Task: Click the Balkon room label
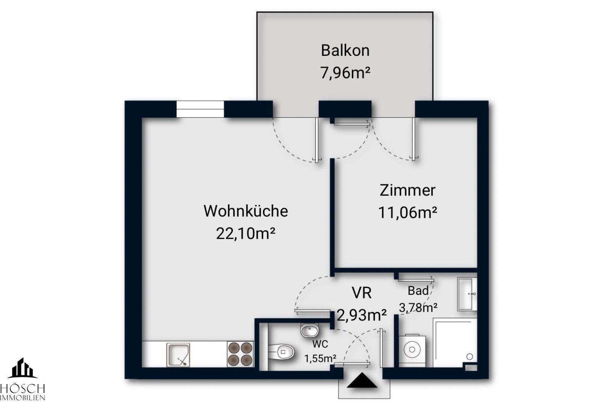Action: click(345, 51)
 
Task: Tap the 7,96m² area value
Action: click(345, 72)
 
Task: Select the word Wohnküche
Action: click(246, 211)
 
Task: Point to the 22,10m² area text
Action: click(246, 234)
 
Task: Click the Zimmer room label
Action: click(407, 190)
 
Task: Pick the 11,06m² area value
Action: click(407, 213)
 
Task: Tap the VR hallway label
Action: click(361, 292)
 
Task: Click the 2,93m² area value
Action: click(362, 315)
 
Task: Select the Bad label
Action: click(418, 290)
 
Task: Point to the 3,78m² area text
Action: click(418, 307)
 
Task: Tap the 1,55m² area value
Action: click(320, 358)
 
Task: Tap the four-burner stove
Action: click(240, 354)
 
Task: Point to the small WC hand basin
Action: click(309, 330)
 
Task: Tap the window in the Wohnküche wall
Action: click(200, 109)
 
